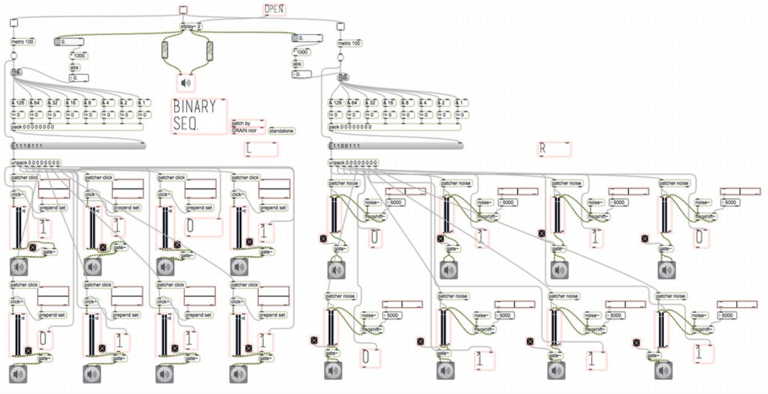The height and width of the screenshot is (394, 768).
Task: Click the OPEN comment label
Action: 274,10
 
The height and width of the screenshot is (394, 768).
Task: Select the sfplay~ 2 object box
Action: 191,26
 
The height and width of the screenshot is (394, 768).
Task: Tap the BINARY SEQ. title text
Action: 195,116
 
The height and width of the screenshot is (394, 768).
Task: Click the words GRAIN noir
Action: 244,130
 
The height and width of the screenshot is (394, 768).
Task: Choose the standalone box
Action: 281,130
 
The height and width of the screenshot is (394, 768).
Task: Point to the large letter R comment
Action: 543,149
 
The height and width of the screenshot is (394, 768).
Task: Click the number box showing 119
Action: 16,72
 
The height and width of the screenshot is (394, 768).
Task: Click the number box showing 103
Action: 344,77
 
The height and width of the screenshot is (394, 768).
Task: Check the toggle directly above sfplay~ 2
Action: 183,9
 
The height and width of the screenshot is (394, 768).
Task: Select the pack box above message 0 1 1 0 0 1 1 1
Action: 350,126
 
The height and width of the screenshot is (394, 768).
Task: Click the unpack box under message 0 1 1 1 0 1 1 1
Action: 36,163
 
